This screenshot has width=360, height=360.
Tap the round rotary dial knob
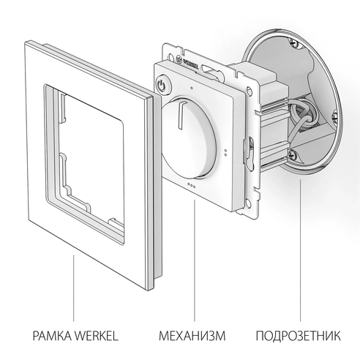coord(193,139)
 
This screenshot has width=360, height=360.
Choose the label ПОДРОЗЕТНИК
coord(299,337)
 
